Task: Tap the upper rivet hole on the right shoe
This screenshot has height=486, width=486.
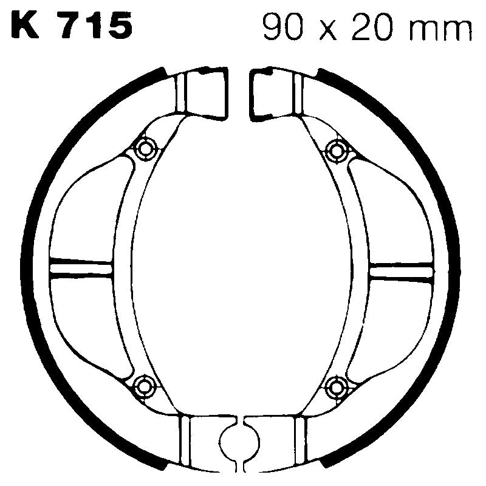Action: (x=335, y=148)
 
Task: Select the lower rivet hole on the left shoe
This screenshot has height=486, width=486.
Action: (x=144, y=384)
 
